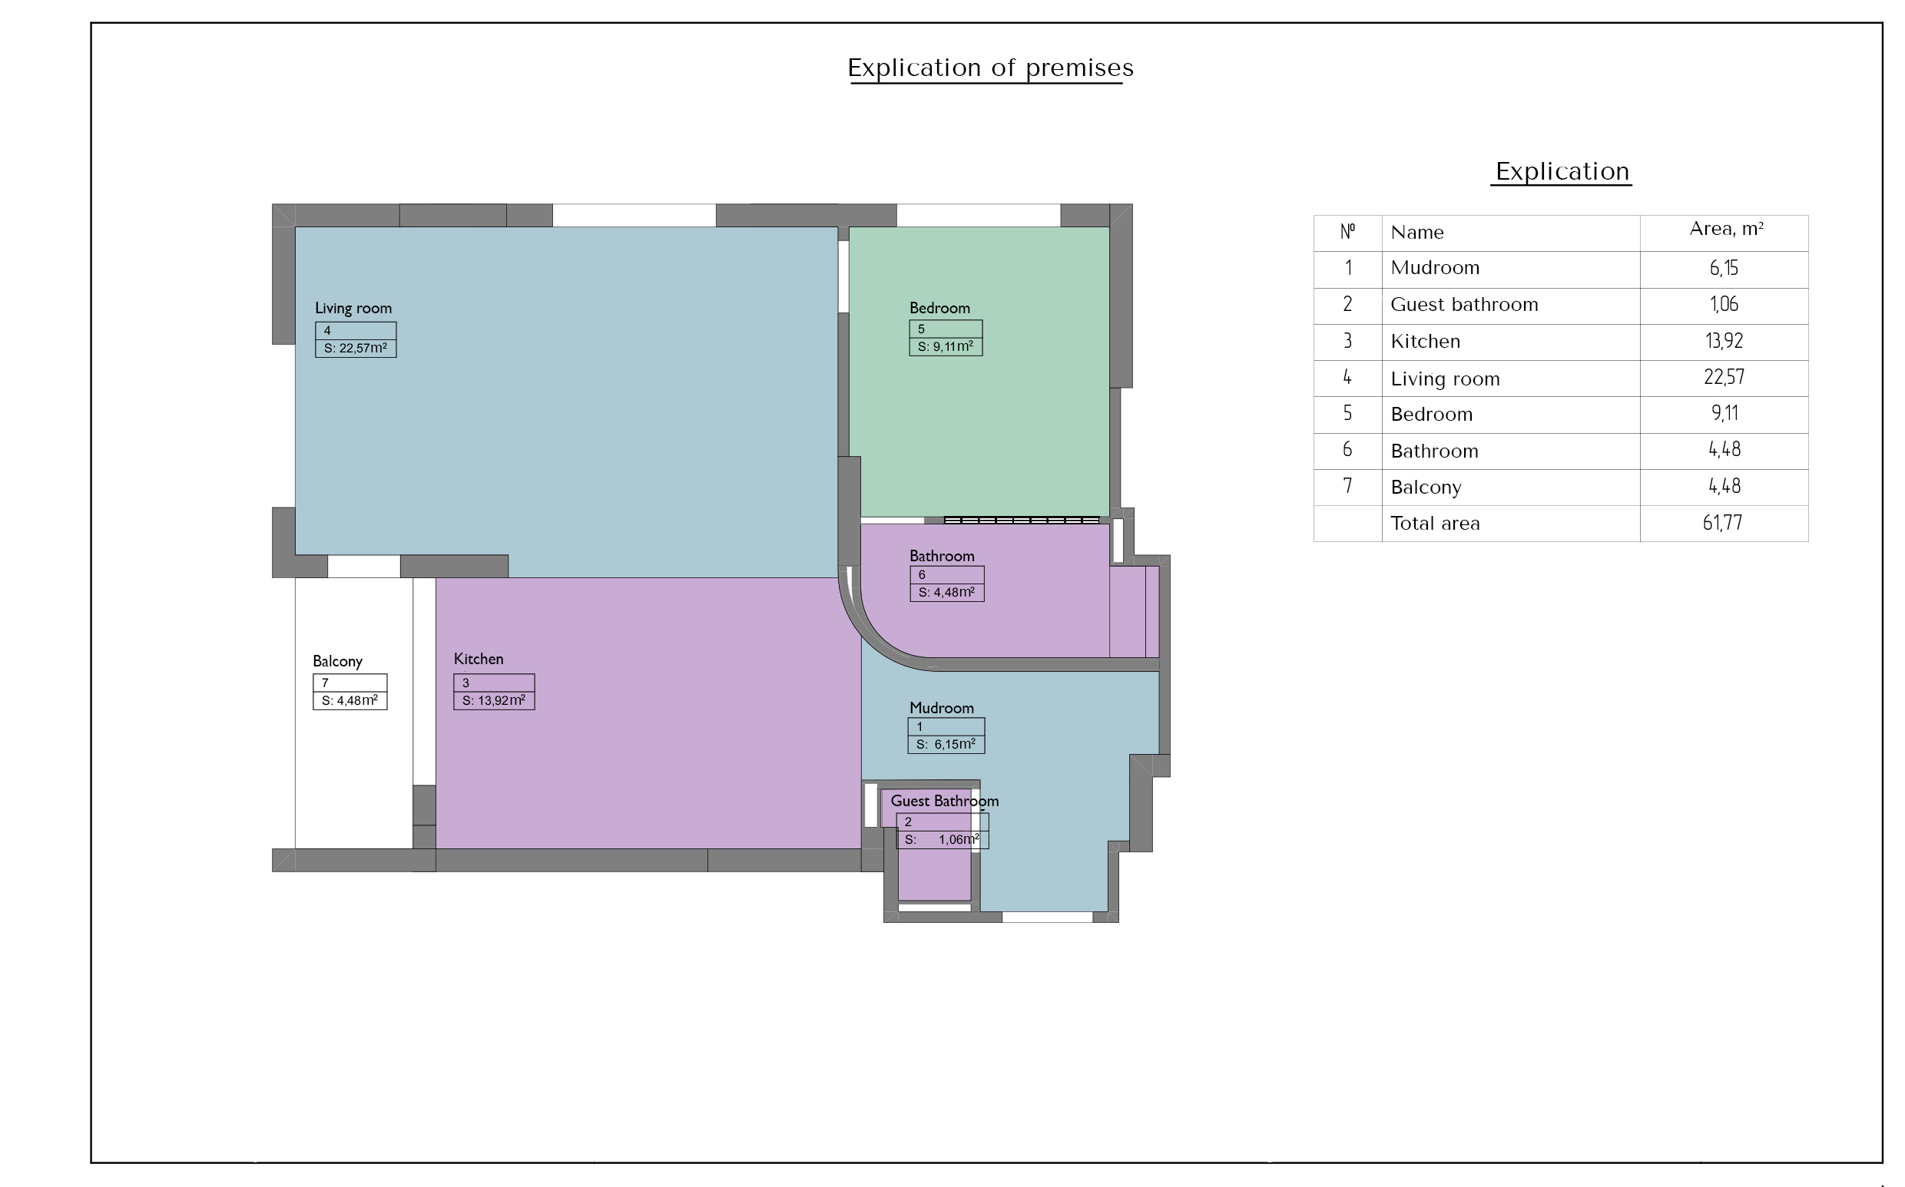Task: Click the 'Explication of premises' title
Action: [x=990, y=68]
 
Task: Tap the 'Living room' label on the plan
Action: [x=353, y=308]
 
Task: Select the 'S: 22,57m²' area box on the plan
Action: [x=356, y=349]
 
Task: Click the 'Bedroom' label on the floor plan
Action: [x=939, y=308]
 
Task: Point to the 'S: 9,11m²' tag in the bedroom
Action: [x=946, y=346]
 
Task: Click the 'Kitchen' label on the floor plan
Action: [x=479, y=659]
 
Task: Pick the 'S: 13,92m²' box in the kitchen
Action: [x=494, y=701]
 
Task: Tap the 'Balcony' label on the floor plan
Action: [x=338, y=661]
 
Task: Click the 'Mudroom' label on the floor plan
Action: [x=942, y=707]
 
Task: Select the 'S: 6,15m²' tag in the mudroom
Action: [x=946, y=744]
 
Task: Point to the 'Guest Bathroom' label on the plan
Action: [x=945, y=801]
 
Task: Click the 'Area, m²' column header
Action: [x=1726, y=229]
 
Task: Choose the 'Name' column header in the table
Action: [x=1416, y=233]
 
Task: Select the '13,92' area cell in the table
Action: [x=1724, y=341]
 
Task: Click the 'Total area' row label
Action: [x=1435, y=524]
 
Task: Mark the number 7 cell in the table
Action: [x=1347, y=487]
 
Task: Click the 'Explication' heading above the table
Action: [x=1562, y=171]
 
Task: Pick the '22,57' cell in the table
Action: [x=1724, y=378]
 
